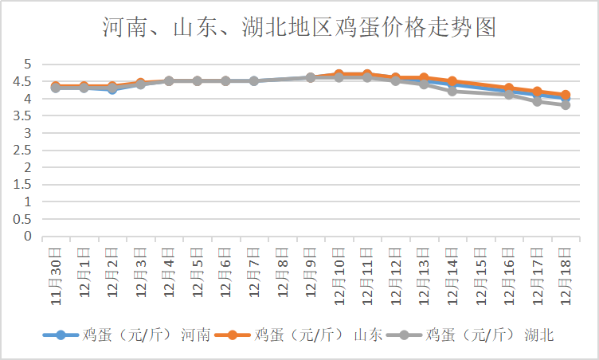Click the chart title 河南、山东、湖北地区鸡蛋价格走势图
(299, 29)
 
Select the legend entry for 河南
(127, 335)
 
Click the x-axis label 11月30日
(56, 276)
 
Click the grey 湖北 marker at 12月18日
(566, 104)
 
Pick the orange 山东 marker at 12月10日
(339, 74)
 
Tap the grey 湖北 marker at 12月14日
(452, 91)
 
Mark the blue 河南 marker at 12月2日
(112, 89)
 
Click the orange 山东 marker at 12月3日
(140, 83)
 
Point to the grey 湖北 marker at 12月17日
(538, 101)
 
